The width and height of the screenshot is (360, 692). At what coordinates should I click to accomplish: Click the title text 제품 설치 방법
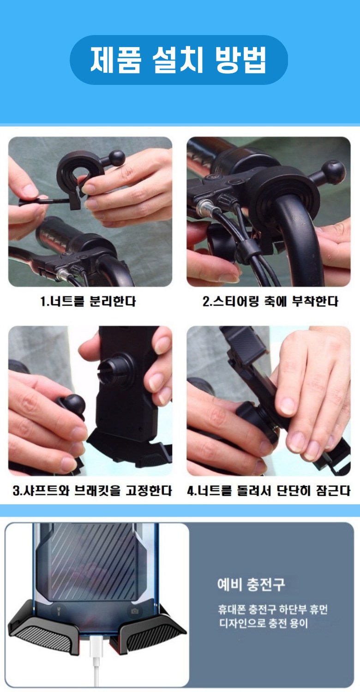(x=178, y=60)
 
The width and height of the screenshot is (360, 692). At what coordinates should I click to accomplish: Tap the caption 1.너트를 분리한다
(x=88, y=301)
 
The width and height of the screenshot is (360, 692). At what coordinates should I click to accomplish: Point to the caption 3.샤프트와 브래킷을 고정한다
(x=92, y=490)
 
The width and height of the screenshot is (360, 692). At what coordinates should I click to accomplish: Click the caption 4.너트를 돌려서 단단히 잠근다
(x=269, y=490)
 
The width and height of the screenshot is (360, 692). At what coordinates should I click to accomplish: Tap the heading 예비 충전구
(x=251, y=584)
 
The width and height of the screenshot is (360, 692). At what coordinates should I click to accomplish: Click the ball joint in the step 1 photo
(x=116, y=158)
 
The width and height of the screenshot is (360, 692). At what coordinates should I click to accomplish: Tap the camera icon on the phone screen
(x=135, y=611)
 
